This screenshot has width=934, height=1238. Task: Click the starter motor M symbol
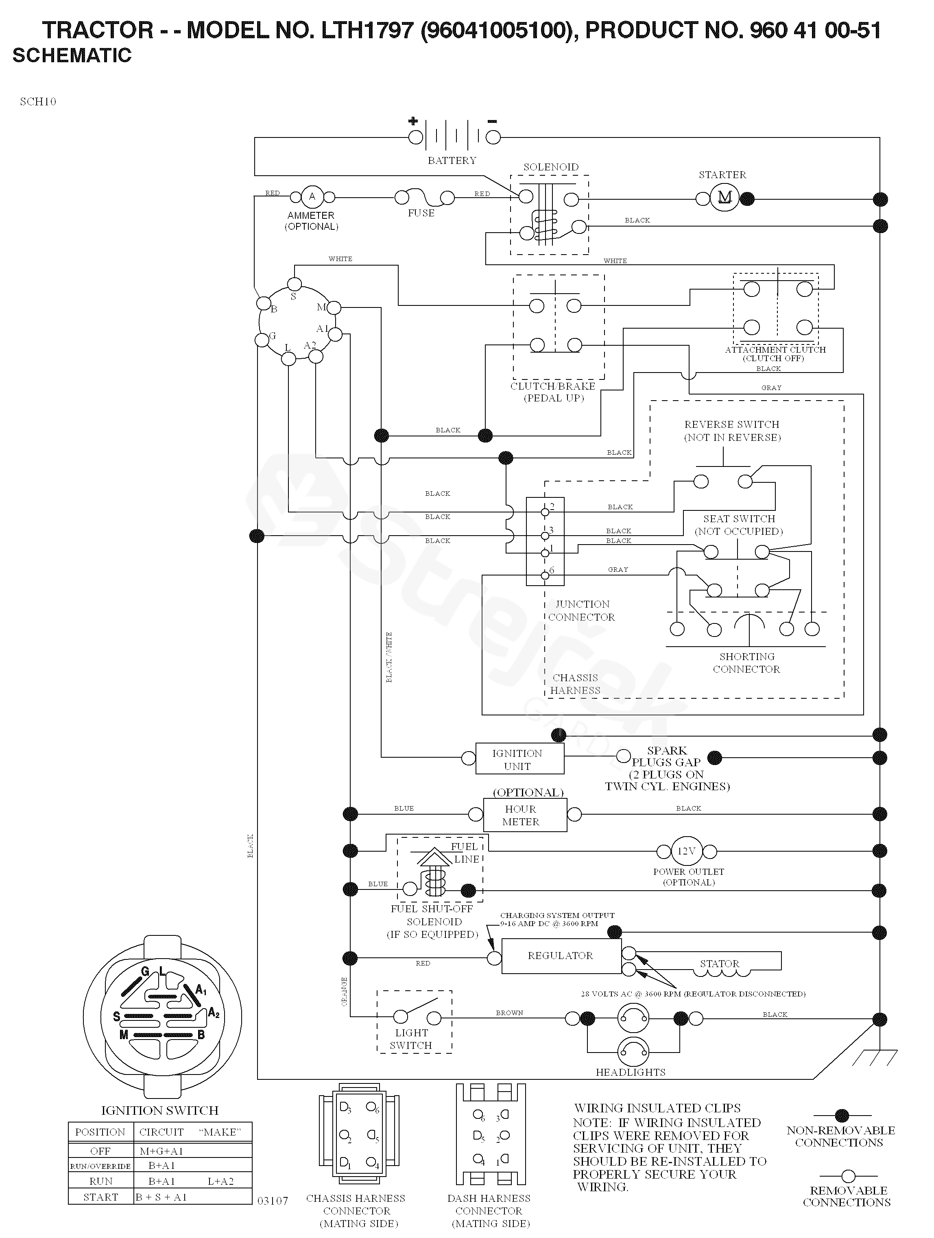(x=725, y=198)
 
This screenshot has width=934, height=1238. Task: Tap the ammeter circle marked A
(x=312, y=196)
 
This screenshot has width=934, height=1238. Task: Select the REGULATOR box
(x=561, y=956)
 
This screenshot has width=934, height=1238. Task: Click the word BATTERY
(x=452, y=161)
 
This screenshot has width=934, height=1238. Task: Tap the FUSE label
(x=421, y=213)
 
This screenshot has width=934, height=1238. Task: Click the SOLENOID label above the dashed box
(x=551, y=167)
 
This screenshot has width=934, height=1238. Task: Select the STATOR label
(x=720, y=964)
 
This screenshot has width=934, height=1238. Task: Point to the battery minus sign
(x=492, y=121)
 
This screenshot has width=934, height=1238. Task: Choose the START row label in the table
(x=101, y=1197)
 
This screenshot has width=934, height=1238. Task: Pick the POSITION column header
(x=100, y=1132)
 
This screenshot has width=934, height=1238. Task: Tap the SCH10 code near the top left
(x=38, y=101)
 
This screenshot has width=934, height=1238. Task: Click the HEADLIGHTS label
(x=631, y=1072)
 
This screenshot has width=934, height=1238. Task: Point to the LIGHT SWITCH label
(x=412, y=1039)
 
